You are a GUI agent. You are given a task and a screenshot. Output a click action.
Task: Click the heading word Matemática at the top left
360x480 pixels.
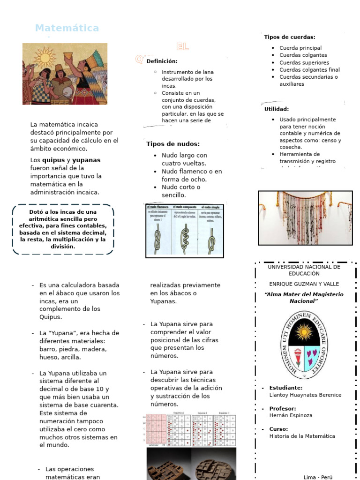(67, 28)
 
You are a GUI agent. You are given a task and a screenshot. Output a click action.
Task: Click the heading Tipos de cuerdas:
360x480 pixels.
(289, 37)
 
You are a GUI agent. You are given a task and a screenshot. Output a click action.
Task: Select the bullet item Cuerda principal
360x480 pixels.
(300, 48)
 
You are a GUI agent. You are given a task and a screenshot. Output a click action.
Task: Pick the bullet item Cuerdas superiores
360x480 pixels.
(304, 62)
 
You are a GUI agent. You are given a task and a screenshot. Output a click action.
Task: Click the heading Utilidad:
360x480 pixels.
(277, 109)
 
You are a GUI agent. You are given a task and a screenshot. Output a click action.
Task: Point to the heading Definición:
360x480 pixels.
(162, 61)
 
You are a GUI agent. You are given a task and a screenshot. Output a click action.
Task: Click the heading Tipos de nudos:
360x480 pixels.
(172, 144)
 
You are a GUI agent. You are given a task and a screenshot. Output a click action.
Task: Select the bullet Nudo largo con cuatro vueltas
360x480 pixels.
(184, 159)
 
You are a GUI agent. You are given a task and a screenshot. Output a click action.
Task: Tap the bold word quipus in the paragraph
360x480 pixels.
(53, 160)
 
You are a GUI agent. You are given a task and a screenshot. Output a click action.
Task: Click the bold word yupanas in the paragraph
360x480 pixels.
(86, 160)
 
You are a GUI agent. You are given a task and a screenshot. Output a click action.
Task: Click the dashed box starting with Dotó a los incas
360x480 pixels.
(63, 229)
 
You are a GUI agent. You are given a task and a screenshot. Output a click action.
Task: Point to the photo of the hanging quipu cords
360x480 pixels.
(305, 217)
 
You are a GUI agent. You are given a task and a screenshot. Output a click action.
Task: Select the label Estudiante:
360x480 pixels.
(285, 388)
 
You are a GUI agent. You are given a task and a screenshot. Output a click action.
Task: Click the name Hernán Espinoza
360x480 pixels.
(291, 415)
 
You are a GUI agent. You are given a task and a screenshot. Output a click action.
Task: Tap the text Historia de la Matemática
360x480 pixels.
(302, 436)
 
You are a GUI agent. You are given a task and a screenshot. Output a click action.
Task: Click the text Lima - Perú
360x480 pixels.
(318, 477)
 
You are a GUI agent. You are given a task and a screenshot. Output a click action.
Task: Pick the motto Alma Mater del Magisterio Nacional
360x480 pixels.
(304, 298)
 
